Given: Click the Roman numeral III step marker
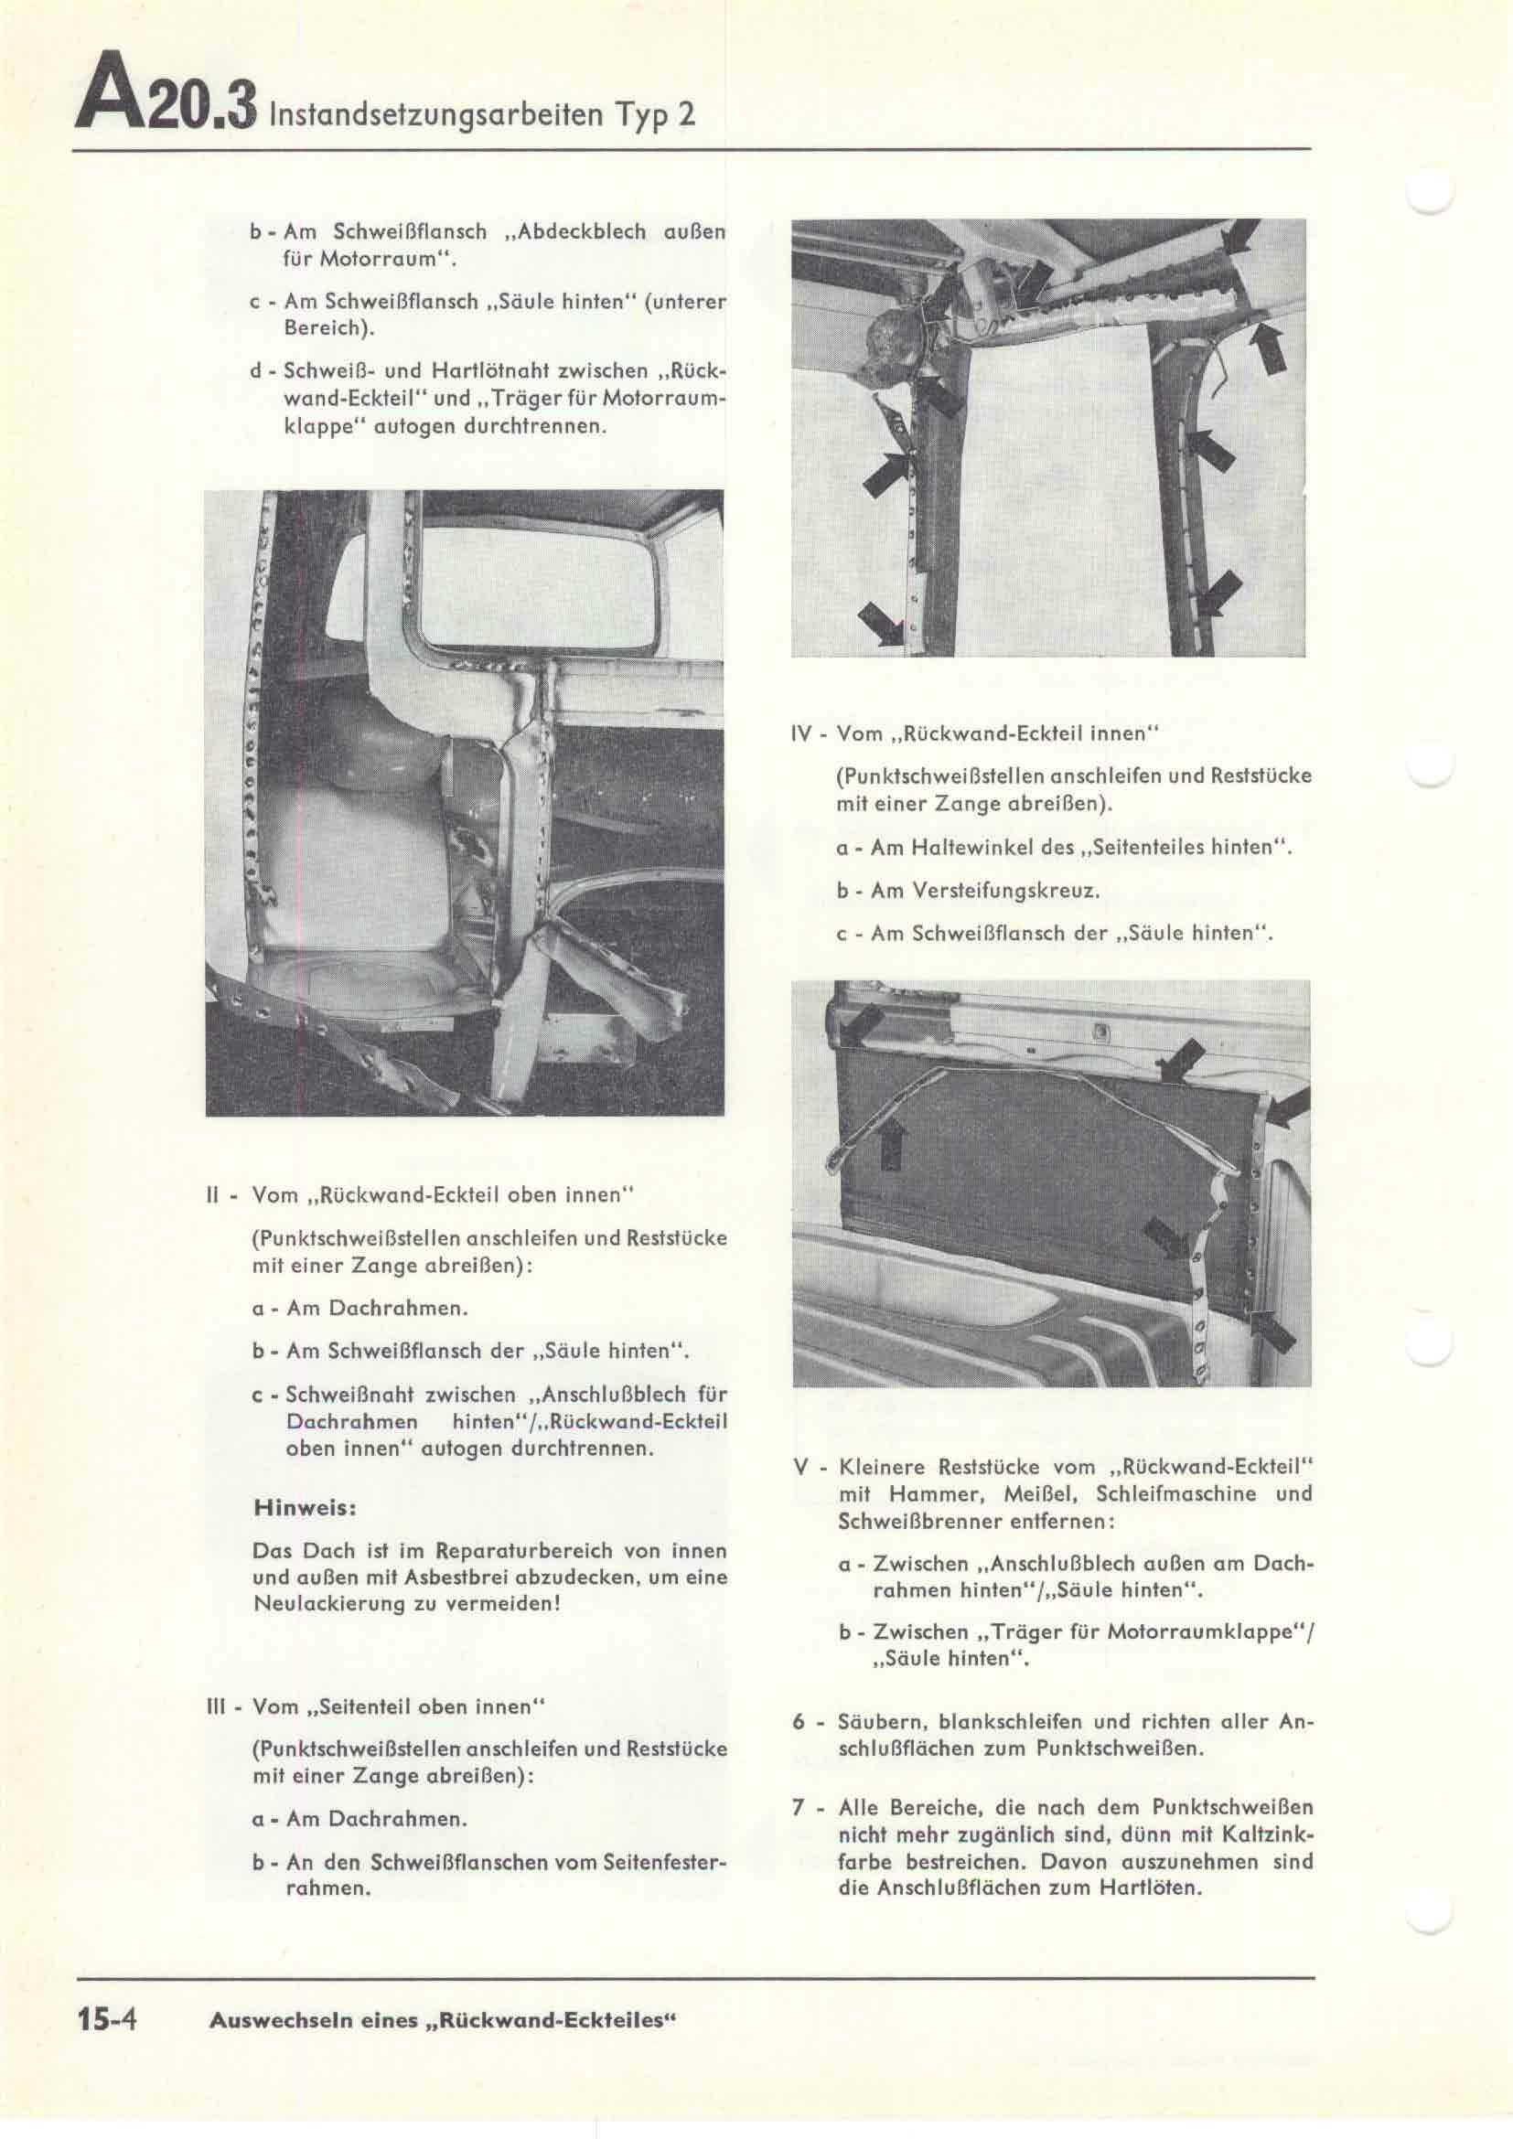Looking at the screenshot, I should (x=217, y=1706).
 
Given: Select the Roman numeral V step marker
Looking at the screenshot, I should (x=800, y=1466).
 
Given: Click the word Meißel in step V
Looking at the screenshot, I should (x=1039, y=1493).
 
